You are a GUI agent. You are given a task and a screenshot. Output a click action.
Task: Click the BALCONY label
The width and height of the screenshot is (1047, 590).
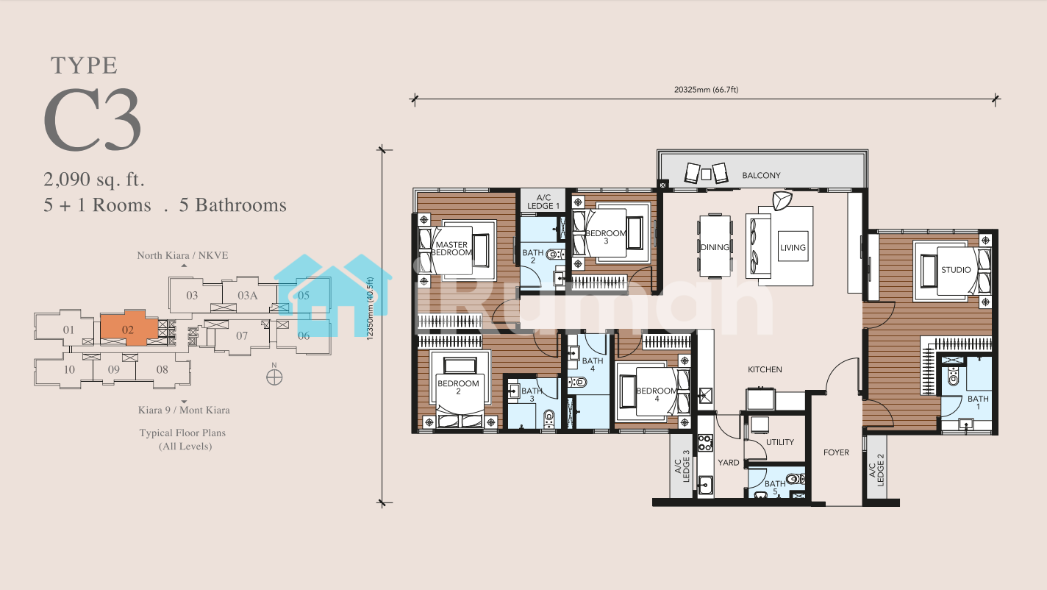tap(761, 175)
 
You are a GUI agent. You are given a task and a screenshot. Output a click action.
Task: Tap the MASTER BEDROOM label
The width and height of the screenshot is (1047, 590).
tap(451, 248)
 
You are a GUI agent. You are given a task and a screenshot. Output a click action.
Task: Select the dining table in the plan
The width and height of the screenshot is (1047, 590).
tap(715, 246)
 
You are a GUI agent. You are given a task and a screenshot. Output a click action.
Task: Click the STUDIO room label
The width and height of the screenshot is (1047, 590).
tap(956, 270)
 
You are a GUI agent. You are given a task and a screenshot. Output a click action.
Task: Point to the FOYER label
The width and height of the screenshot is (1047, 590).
tap(836, 452)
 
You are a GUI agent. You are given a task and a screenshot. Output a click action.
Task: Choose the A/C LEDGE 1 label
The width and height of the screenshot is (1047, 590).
tap(543, 202)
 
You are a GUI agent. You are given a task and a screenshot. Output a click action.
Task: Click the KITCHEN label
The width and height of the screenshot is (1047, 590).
tap(765, 369)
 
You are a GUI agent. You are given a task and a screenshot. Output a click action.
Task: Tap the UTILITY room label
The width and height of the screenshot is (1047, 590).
tap(779, 442)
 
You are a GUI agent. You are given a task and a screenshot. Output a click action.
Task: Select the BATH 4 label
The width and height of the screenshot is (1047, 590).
tap(592, 364)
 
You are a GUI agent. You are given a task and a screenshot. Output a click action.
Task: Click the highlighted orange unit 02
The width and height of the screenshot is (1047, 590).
tap(128, 329)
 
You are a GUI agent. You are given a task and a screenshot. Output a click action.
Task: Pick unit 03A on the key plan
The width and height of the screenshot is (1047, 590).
tap(247, 296)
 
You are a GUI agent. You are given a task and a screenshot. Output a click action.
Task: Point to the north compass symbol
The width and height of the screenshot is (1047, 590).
tap(274, 377)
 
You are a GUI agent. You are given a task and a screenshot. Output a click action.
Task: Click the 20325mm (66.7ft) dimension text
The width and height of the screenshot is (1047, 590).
tap(706, 89)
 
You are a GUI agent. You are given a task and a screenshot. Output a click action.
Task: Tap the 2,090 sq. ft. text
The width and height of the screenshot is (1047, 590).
tap(94, 179)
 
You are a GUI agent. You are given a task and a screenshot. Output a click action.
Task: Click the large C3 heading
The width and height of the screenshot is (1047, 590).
tap(93, 120)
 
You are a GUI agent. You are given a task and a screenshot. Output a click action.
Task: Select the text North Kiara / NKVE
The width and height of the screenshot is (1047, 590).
tap(182, 255)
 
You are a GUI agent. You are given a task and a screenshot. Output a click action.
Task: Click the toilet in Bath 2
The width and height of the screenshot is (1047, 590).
tap(555, 255)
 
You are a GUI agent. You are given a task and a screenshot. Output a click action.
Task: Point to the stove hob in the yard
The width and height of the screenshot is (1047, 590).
tap(705, 442)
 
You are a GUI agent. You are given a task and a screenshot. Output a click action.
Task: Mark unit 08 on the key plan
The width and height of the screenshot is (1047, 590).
tap(162, 370)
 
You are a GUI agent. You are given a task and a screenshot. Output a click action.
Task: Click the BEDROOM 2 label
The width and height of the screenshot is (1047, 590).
tap(458, 387)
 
